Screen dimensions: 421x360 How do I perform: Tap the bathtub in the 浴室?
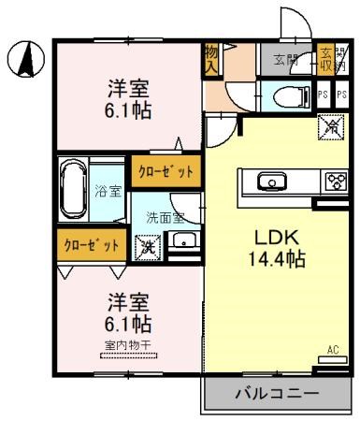74,191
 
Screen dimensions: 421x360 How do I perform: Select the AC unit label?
333,351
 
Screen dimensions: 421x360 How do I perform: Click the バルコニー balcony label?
276,393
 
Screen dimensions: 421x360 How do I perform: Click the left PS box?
323,94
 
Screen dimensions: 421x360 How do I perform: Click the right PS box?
341,94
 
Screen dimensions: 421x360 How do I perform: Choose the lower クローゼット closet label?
92,245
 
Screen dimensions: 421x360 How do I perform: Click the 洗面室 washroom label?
165,217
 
